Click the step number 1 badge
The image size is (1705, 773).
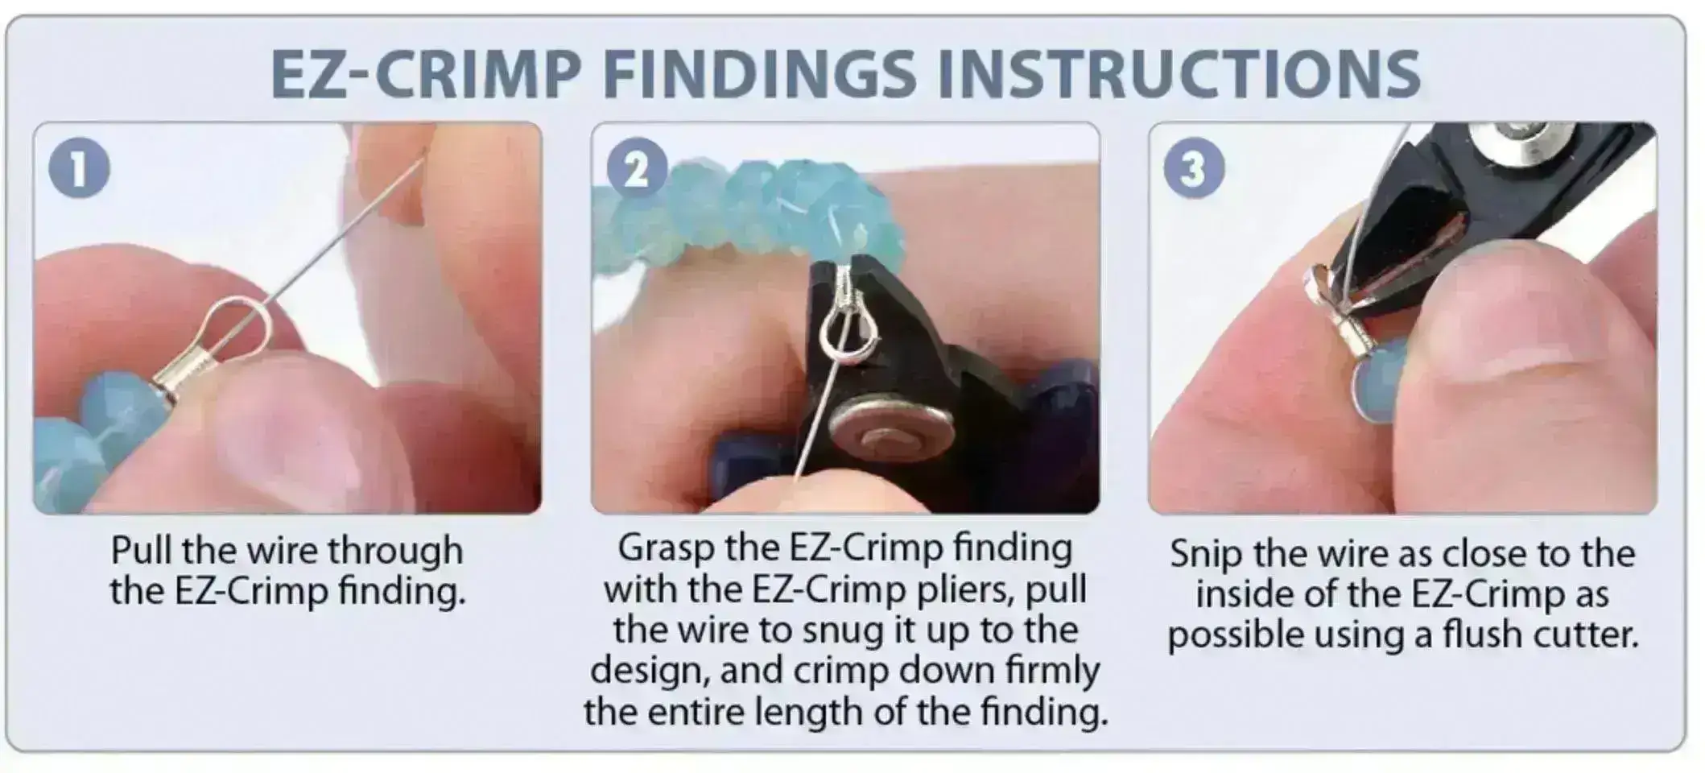point(79,168)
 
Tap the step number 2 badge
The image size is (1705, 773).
point(636,169)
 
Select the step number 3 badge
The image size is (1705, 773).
point(1194,169)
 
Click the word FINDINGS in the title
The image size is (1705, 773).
point(759,75)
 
